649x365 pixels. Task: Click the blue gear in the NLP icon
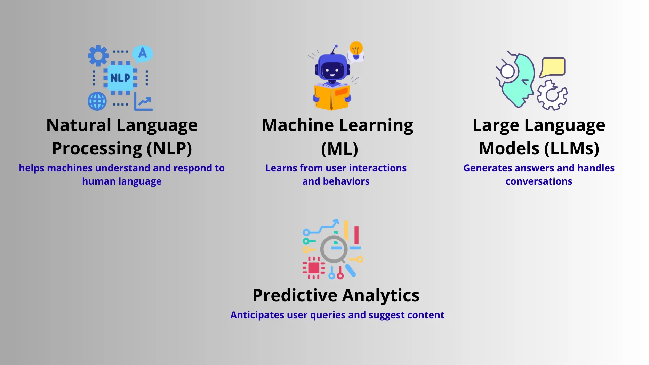98,56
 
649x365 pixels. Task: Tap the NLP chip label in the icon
120,78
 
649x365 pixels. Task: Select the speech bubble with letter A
143,54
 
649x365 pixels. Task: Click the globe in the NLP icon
97,101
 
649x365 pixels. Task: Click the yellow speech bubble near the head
553,67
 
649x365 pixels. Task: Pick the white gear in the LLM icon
552,95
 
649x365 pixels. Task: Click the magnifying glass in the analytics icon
334,249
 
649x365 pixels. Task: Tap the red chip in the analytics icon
314,268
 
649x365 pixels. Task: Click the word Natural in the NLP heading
79,125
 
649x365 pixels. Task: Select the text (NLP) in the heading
169,149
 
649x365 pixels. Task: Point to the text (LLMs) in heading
571,149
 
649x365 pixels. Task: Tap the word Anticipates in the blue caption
257,315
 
